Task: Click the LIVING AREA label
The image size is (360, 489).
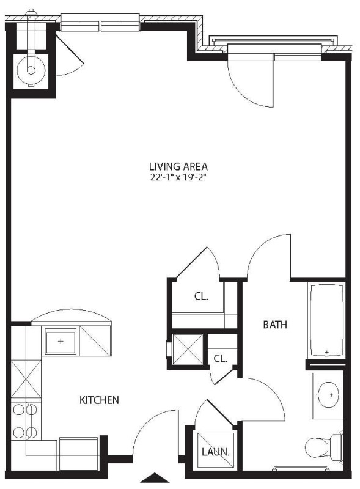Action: tap(178, 166)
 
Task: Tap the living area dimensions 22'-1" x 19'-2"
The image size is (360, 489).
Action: tap(178, 177)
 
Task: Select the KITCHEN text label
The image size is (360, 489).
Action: tap(99, 400)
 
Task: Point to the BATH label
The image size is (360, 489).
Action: tap(275, 325)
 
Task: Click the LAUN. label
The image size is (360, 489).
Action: tap(216, 452)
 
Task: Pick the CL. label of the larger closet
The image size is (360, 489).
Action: tap(201, 296)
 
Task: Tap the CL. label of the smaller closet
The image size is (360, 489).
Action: tap(220, 359)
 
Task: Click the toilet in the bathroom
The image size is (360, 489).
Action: tap(323, 446)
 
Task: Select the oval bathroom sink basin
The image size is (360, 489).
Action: tap(328, 395)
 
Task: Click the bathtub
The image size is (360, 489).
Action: tap(326, 320)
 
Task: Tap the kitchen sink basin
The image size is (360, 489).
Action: tap(61, 341)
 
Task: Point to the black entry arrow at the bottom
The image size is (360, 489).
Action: tap(154, 478)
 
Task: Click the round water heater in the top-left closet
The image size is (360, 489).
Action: tap(31, 70)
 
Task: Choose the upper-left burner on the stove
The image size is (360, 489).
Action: tap(19, 410)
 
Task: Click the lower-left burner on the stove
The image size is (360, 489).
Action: tap(19, 433)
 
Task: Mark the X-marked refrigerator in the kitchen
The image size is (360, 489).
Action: tap(26, 378)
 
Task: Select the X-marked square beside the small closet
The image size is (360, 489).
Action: tap(188, 349)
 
